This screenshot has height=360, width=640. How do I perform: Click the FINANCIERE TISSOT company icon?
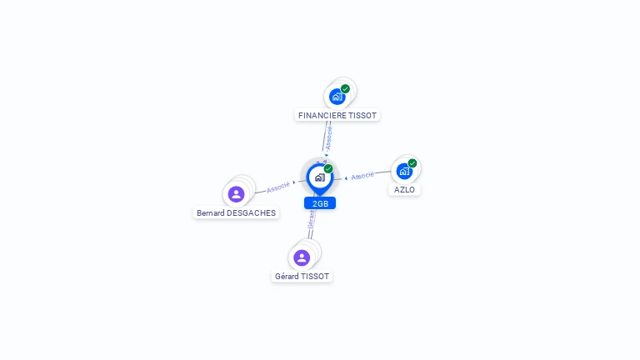pyautogui.click(x=337, y=97)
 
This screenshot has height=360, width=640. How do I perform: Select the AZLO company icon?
pyautogui.click(x=404, y=171)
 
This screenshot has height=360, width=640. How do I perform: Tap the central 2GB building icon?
pyautogui.click(x=319, y=177)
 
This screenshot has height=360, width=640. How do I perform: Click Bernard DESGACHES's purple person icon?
pyautogui.click(x=236, y=194)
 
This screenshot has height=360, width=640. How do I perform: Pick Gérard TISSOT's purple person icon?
pyautogui.click(x=302, y=257)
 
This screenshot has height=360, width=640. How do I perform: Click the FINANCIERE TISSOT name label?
pyautogui.click(x=338, y=116)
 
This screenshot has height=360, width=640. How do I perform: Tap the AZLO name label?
pyautogui.click(x=404, y=190)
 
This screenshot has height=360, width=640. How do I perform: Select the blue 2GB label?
pyautogui.click(x=320, y=203)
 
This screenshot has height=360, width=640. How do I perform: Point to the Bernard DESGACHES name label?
pyautogui.click(x=236, y=212)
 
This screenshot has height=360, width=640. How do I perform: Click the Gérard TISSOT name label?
pyautogui.click(x=302, y=276)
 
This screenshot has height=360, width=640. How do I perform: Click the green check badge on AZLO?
pyautogui.click(x=412, y=163)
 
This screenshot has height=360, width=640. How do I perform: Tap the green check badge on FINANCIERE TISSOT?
pyautogui.click(x=345, y=88)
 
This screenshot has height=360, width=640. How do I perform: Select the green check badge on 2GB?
pyautogui.click(x=328, y=168)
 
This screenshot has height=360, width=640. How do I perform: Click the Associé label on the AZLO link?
pyautogui.click(x=362, y=176)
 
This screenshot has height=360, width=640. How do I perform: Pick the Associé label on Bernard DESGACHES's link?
pyautogui.click(x=278, y=187)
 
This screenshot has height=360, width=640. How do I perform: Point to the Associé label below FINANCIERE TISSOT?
pyautogui.click(x=329, y=137)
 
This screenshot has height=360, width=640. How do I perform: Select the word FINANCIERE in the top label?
pyautogui.click(x=322, y=116)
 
